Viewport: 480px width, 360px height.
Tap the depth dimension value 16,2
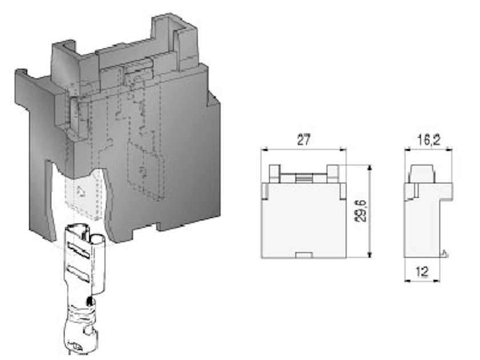click(428, 140)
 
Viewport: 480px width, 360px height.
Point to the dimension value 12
click(422, 271)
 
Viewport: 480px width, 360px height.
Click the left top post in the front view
click(274, 173)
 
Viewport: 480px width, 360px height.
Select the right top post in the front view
click(333, 173)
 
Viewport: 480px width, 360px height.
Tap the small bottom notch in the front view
click(304, 255)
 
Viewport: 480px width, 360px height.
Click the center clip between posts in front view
click(303, 179)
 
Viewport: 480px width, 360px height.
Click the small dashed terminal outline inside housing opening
click(82, 194)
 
